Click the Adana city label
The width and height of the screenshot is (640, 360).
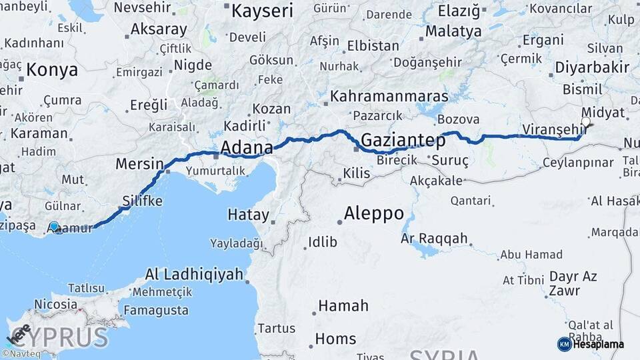click(246, 147)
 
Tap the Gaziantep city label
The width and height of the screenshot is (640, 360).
click(403, 140)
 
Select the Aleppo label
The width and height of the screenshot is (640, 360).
click(374, 213)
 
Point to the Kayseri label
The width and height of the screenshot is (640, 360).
click(262, 10)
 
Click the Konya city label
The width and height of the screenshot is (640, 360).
click(53, 70)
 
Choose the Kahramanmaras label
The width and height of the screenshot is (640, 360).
click(389, 96)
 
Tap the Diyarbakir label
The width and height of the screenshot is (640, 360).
click(593, 68)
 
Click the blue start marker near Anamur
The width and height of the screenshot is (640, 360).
click(54, 227)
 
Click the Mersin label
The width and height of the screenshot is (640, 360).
click(139, 164)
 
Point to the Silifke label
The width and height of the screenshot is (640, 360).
click(142, 201)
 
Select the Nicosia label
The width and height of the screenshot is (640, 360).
click(55, 304)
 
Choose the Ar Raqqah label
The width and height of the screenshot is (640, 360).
click(434, 239)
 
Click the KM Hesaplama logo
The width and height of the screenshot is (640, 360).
click(591, 344)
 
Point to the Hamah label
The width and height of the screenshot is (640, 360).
click(343, 306)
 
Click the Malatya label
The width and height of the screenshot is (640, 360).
click(453, 31)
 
